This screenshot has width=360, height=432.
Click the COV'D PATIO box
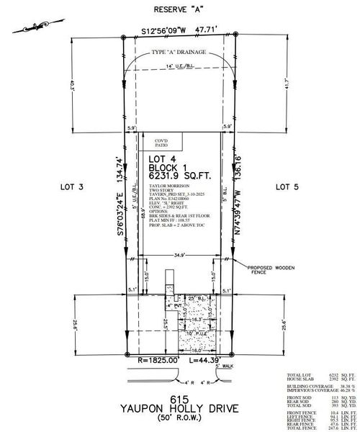(158, 143)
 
